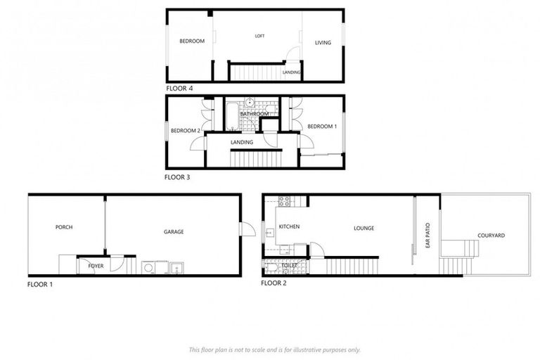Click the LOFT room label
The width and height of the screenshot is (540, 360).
tap(259, 35)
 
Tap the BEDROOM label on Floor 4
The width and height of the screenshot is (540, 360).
tap(192, 41)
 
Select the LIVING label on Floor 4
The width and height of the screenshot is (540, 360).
tap(323, 43)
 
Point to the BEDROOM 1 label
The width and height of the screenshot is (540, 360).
tap(322, 126)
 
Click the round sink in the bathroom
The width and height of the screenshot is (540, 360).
tap(249, 103)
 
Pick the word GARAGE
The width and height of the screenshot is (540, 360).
tap(174, 231)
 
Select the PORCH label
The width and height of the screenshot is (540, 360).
tap(64, 227)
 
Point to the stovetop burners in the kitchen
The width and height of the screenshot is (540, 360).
tap(285, 201)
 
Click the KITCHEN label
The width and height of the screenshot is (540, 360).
tap(290, 227)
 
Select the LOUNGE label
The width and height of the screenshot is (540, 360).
tap(364, 228)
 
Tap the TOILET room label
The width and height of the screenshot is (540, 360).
tap(288, 266)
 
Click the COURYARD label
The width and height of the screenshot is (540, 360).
tap(491, 236)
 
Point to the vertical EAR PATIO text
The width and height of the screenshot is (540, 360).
tap(427, 233)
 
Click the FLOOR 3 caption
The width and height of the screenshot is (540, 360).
tap(177, 177)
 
